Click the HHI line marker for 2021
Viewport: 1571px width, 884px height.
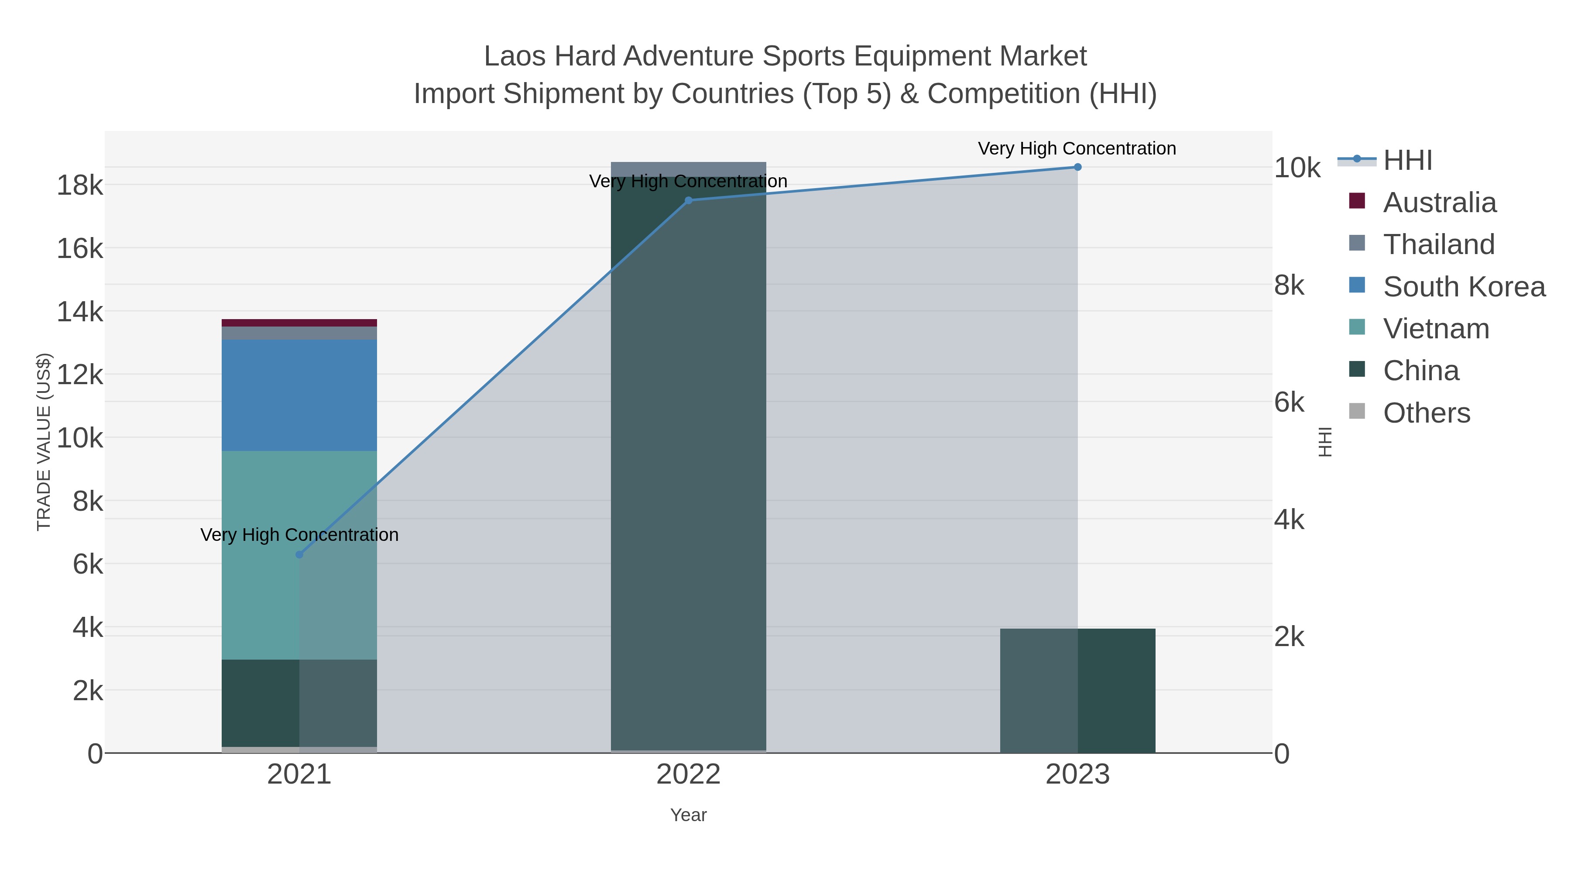(299, 554)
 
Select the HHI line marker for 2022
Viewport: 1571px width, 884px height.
(689, 200)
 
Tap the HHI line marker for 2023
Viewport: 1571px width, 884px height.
(1077, 167)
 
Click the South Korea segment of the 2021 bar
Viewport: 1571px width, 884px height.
(299, 396)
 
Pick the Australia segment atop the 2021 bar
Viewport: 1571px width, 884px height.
(299, 323)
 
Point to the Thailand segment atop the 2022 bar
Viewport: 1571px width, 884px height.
(689, 169)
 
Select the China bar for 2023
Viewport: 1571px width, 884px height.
(1077, 691)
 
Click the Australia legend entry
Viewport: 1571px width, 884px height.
(1439, 203)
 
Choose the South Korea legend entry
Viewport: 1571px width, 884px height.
(1464, 287)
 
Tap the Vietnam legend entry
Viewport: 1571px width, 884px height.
(1436, 329)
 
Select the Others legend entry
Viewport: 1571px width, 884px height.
(1427, 413)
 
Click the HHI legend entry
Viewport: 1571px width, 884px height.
(1407, 161)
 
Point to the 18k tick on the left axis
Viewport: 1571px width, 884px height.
(80, 185)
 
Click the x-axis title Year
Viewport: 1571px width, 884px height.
(689, 815)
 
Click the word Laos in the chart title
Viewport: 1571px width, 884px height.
(514, 56)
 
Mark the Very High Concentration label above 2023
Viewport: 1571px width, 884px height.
(1077, 148)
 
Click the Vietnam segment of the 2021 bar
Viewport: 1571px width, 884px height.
(299, 555)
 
